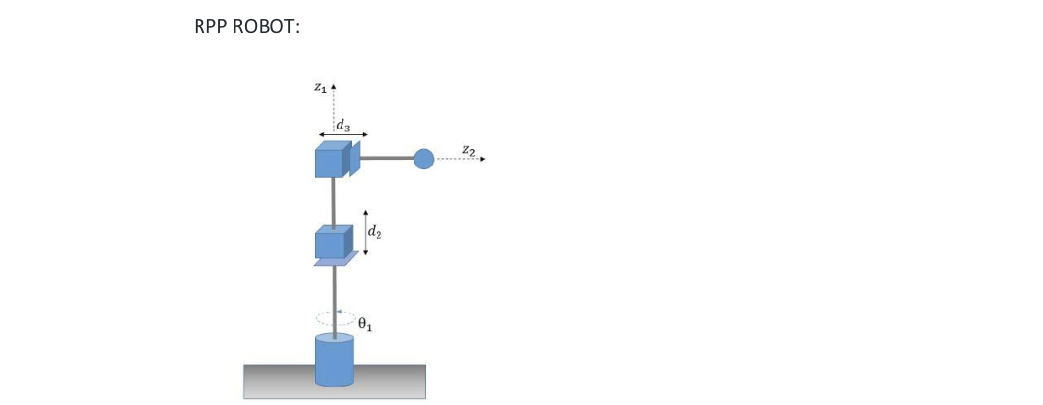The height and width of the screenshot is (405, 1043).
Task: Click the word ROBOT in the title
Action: point(264,27)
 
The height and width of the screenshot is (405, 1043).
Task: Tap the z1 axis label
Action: point(320,88)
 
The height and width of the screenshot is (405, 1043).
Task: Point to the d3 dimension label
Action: point(342,125)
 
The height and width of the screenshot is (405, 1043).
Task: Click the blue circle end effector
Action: point(423,159)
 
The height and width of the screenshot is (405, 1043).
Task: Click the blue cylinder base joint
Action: point(334,359)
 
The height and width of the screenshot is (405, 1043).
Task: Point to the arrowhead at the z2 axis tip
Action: point(481,159)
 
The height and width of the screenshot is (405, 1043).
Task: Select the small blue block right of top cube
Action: point(355,159)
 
